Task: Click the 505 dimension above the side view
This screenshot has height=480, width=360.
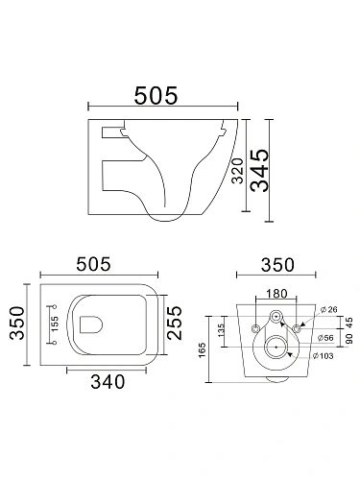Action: pos(156,95)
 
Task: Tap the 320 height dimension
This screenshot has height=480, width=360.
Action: pos(238,171)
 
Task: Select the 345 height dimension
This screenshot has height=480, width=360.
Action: pos(259,171)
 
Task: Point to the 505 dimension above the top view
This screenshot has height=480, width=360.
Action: pos(94,264)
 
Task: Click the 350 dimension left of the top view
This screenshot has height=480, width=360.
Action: pos(17,324)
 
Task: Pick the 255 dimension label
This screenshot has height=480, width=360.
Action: pos(175,324)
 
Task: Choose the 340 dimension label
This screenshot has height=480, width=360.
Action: pos(108,381)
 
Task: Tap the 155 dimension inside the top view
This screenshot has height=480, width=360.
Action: pos(55,324)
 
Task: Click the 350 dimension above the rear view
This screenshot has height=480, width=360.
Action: pos(277,265)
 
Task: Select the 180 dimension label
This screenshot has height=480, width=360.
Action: pos(276,294)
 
